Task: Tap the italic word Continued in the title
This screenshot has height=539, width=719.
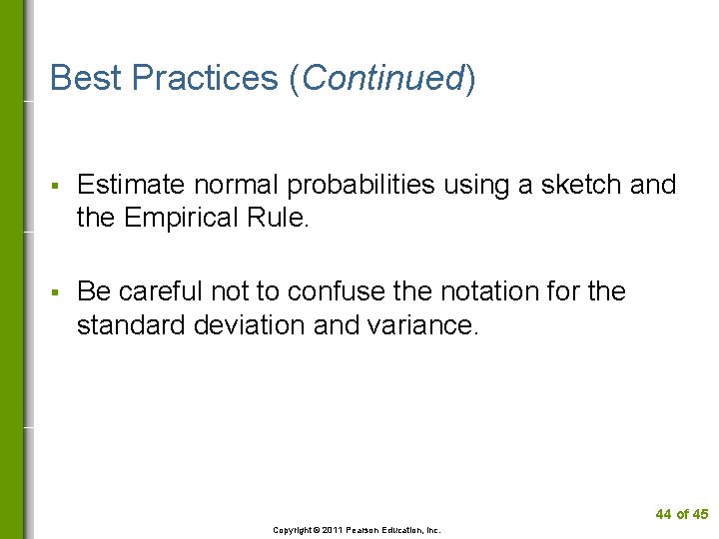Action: [x=382, y=78]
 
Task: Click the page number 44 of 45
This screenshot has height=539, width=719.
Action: [x=681, y=514]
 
